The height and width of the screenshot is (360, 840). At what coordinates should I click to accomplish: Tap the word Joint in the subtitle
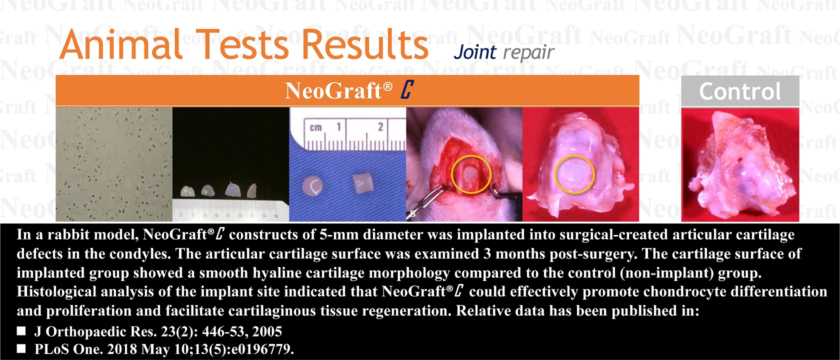(x=475, y=52)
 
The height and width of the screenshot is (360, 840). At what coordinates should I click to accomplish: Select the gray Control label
(x=740, y=91)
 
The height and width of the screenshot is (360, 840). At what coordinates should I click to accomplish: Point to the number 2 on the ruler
(x=380, y=127)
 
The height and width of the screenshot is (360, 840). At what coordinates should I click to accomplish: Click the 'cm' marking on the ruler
(x=316, y=127)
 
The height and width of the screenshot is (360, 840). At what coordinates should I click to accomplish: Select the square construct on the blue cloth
(x=363, y=183)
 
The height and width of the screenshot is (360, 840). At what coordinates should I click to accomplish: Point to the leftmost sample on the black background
(x=188, y=191)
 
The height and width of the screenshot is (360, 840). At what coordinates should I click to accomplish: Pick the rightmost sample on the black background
(x=252, y=190)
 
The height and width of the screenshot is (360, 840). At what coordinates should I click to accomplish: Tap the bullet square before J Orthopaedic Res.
(x=21, y=331)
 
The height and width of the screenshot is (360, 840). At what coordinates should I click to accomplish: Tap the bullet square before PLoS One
(x=21, y=349)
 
